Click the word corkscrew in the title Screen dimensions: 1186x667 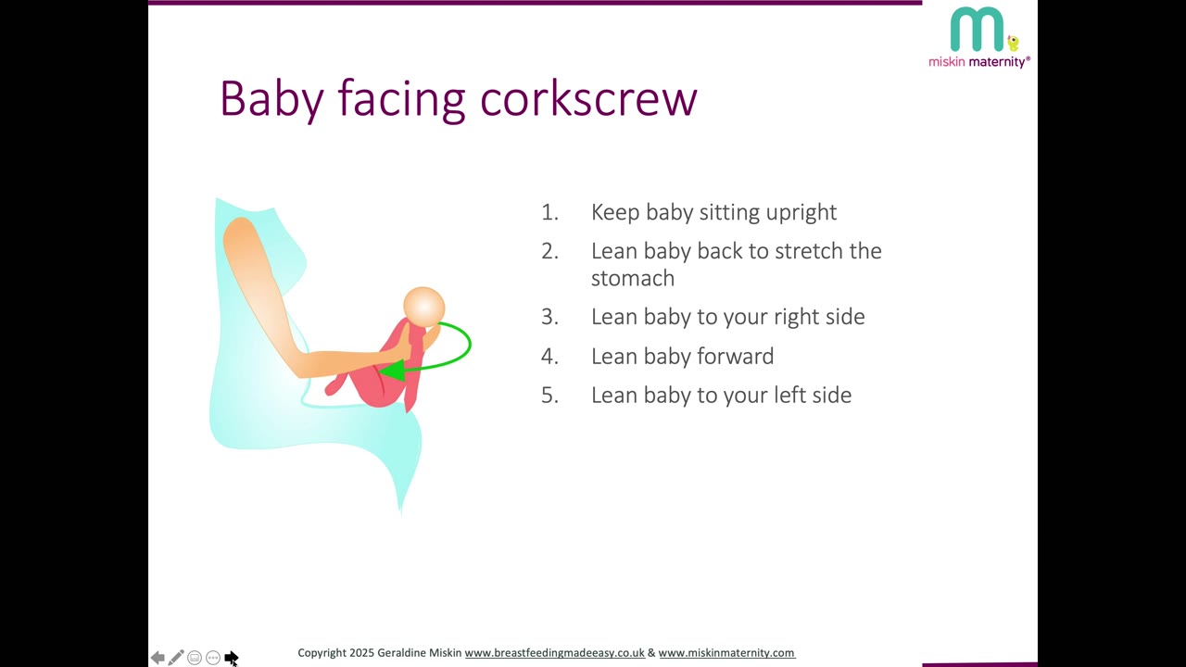coord(588,99)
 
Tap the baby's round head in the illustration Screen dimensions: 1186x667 coord(424,307)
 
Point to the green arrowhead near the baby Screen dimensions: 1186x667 coord(392,370)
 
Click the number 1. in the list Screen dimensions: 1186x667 coord(549,212)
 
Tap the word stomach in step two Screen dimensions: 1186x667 coord(633,279)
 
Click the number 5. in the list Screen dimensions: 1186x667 coord(549,396)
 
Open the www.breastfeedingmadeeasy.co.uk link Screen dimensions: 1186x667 coord(554,653)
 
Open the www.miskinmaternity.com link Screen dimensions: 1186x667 coord(726,653)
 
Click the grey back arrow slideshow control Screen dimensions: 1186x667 coord(158,658)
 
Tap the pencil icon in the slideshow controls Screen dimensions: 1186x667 coord(176,657)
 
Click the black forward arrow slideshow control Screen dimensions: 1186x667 coord(231,658)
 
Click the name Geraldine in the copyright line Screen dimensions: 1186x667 coord(401,653)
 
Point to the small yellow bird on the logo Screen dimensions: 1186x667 coord(1013,43)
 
